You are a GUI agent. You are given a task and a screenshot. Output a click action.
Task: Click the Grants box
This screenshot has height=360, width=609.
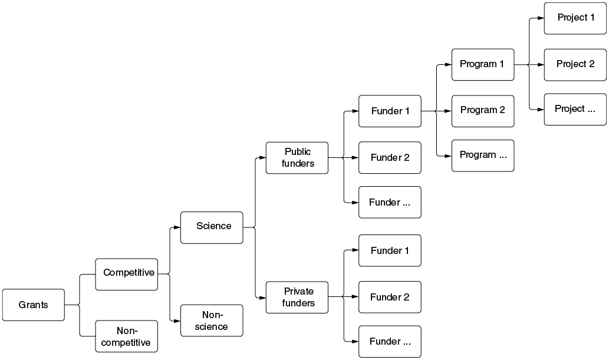[34, 305]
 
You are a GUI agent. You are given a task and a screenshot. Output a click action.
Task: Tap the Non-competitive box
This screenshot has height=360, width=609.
[127, 336]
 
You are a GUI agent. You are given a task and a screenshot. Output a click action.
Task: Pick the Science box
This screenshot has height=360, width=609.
[212, 227]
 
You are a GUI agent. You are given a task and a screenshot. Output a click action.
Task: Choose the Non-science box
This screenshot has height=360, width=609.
[212, 321]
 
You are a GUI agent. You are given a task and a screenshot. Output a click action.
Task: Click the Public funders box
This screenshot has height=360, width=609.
[297, 158]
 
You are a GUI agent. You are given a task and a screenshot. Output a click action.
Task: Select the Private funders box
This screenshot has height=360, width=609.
[297, 298]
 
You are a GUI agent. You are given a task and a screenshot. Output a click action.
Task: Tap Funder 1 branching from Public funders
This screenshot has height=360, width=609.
[390, 111]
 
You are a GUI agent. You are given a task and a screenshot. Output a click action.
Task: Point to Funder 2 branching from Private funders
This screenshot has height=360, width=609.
[390, 297]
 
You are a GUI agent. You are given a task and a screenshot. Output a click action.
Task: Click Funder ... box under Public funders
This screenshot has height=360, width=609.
[390, 202]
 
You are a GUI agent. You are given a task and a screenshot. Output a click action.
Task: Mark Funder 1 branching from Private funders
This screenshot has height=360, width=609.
[390, 250]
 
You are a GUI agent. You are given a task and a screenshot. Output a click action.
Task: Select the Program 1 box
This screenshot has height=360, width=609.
[483, 64]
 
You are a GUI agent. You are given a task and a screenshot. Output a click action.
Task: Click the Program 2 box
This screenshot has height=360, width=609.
[483, 111]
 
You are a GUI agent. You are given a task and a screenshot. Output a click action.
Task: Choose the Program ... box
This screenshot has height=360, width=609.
[483, 156]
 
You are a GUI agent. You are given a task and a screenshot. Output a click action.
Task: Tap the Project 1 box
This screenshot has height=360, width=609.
[575, 18]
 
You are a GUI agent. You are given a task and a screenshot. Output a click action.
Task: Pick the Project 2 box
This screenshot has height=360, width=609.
[575, 64]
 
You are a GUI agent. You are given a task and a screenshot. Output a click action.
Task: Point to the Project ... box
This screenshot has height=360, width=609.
[575, 110]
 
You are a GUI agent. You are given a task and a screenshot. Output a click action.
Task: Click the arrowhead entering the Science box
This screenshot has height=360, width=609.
[177, 227]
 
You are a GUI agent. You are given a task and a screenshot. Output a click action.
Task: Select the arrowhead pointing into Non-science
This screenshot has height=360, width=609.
[177, 321]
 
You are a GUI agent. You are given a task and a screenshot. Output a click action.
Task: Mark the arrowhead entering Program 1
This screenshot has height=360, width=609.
[448, 64]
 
